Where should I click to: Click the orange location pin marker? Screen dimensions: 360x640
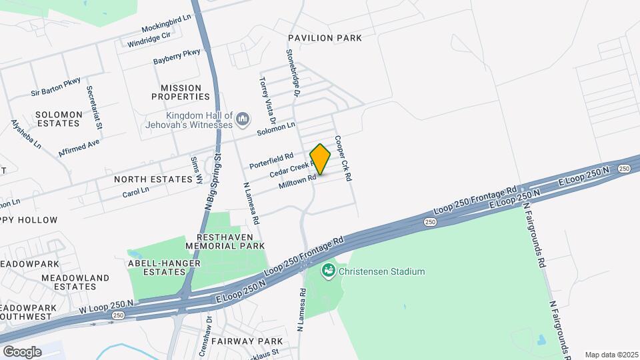321,159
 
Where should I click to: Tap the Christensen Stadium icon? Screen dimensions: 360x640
328,271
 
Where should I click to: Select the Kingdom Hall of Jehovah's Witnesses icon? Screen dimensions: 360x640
242,120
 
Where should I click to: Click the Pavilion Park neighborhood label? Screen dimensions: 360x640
325,38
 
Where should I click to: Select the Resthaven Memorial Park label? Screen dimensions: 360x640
231,241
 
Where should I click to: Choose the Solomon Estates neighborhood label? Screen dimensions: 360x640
59,119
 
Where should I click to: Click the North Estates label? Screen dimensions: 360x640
158,179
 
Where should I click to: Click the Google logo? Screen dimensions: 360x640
22,351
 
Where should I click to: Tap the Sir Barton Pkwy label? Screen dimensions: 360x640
55,87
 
